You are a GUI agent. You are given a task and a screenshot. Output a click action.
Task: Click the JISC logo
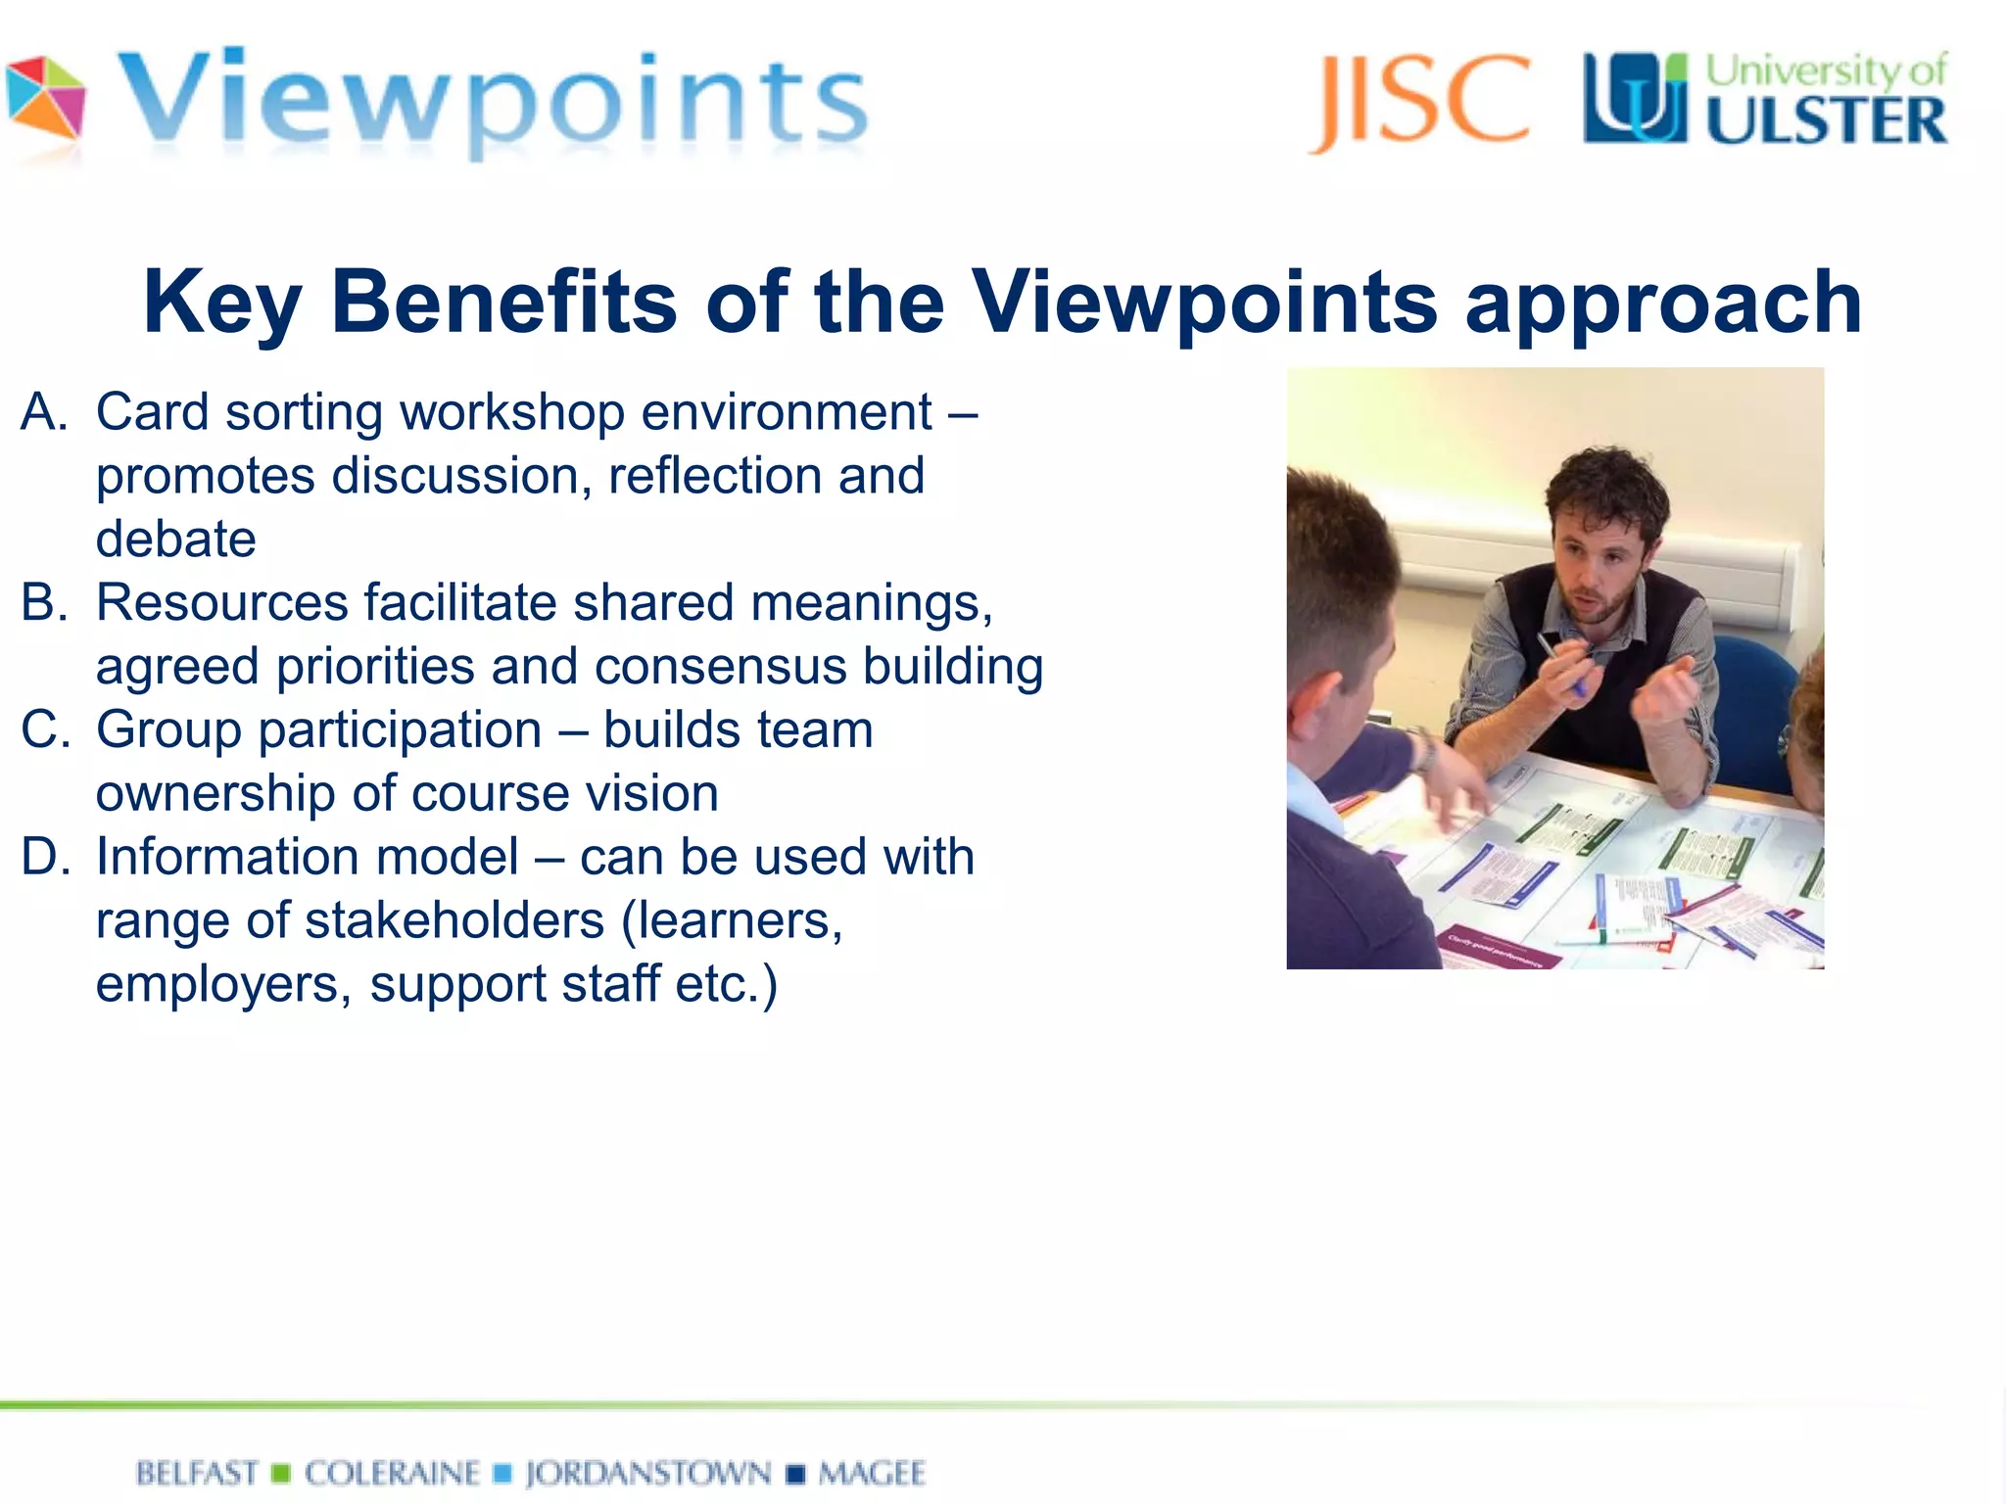(1419, 102)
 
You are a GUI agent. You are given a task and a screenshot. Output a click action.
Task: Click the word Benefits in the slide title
(503, 302)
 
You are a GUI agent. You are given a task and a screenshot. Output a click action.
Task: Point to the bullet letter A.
(43, 412)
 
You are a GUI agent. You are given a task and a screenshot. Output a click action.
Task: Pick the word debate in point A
(176, 540)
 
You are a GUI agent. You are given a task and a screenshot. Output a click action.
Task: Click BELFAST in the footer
(197, 1474)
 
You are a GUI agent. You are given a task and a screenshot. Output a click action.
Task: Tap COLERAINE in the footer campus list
(393, 1474)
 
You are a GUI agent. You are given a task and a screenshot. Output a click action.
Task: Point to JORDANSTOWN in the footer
(648, 1474)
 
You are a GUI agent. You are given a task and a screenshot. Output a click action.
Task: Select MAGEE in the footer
(872, 1474)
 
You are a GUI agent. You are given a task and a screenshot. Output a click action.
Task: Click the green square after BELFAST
(281, 1474)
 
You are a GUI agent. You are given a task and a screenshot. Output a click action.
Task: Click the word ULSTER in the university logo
(1827, 121)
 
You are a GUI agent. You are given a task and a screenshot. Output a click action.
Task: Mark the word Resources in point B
(221, 603)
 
